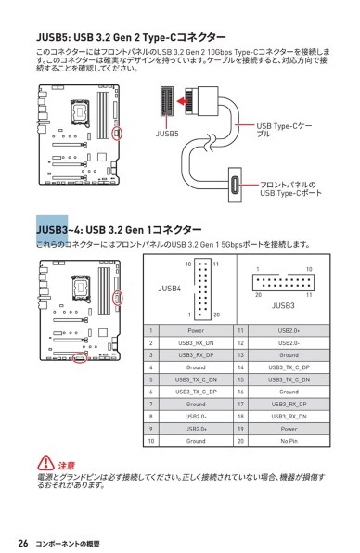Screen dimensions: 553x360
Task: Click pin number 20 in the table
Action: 240,441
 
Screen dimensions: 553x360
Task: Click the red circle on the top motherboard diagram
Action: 117,134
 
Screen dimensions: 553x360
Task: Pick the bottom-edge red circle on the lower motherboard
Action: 81,356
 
